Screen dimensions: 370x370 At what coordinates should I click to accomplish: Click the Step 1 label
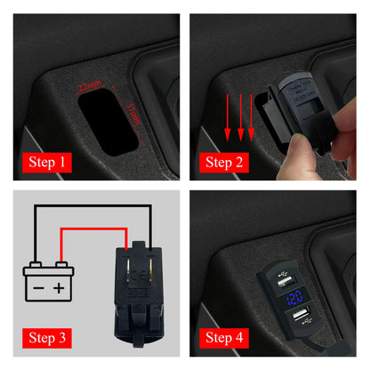coord(50,162)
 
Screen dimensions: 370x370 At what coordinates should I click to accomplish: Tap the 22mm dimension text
coord(92,86)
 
